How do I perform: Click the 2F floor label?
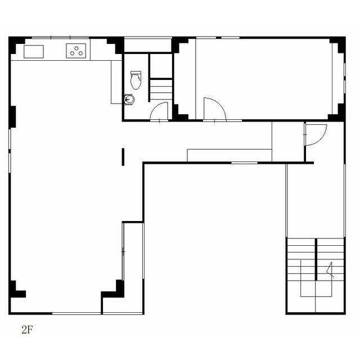[28, 330]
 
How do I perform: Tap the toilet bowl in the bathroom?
[136, 82]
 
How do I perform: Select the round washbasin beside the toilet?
[129, 100]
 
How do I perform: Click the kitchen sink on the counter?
[34, 52]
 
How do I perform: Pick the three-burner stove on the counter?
[76, 51]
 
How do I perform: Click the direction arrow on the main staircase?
[330, 270]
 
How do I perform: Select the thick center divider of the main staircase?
[316, 259]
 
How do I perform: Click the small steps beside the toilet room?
[161, 89]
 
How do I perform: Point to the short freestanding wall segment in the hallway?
[123, 157]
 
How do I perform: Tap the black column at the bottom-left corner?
[16, 290]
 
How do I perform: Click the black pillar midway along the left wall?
[12, 117]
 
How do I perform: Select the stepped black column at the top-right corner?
[338, 45]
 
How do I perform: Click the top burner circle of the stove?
[76, 48]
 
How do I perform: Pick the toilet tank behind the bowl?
[136, 73]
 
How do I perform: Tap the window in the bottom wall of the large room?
[76, 313]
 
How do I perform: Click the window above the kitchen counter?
[60, 38]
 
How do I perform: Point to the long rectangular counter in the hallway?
[229, 155]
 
